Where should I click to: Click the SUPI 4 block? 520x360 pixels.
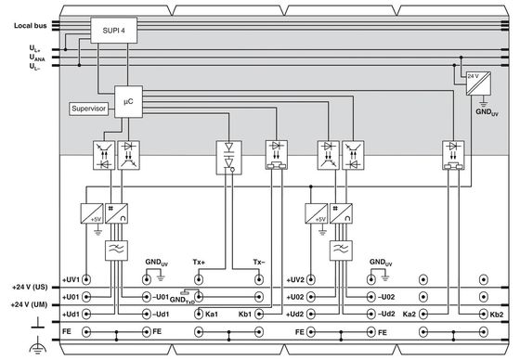click(113, 31)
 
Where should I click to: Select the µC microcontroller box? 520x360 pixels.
click(129, 102)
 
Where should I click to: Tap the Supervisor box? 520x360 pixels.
click(89, 109)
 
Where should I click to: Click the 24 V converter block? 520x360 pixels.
click(478, 84)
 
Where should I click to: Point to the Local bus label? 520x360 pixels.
click(30, 26)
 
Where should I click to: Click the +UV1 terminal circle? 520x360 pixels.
click(86, 280)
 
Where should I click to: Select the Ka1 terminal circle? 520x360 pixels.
click(199, 314)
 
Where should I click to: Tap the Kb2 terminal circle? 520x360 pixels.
click(484, 314)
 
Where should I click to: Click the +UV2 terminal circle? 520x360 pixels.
click(311, 280)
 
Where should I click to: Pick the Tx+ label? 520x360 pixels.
click(199, 262)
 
